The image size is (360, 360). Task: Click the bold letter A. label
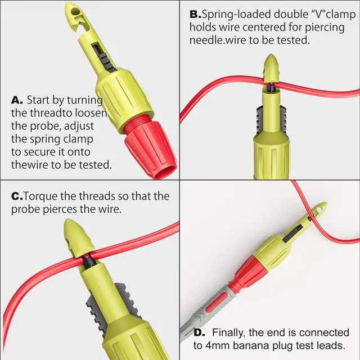pyautogui.click(x=17, y=100)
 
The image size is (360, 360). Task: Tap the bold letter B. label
pyautogui.click(x=195, y=14)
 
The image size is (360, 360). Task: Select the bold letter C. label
pyautogui.click(x=17, y=196)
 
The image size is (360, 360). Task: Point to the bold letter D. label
pyautogui.click(x=201, y=333)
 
